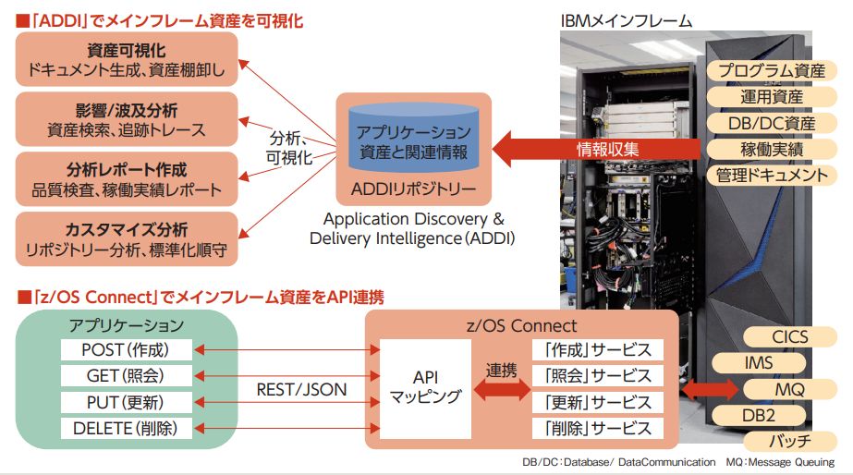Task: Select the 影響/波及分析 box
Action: (128, 119)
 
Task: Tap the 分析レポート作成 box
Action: (128, 179)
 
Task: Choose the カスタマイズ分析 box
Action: (128, 238)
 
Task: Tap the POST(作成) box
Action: (127, 349)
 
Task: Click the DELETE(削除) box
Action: (127, 428)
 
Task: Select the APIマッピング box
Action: (424, 388)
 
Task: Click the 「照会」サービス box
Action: (598, 376)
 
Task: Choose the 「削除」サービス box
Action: (598, 429)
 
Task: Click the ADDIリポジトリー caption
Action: (414, 192)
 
